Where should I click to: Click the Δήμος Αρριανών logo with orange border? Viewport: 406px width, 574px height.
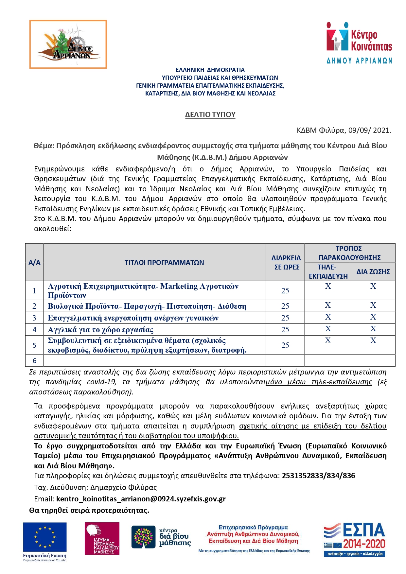68,44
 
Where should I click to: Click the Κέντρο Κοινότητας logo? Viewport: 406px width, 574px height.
359,42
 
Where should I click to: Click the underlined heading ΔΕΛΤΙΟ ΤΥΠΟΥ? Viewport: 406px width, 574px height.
210,114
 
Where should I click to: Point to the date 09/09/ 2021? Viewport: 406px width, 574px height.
369,130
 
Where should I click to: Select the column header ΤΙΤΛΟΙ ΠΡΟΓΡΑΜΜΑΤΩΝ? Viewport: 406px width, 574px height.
164,262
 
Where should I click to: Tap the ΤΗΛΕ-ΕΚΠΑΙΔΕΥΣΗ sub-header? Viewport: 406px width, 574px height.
328,271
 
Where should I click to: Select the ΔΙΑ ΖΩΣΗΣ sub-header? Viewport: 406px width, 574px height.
373,271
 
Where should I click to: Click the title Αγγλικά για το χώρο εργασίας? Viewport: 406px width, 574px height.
100,330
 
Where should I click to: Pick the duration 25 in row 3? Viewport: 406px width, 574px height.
285,318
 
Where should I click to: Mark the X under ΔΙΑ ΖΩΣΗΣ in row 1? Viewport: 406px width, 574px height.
373,287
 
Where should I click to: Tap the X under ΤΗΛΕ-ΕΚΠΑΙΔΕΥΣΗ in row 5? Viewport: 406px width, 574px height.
328,340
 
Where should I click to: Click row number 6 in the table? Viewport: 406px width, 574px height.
34,361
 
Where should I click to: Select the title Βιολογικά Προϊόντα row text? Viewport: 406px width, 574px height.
147,306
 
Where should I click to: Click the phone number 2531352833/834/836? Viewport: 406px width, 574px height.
318,476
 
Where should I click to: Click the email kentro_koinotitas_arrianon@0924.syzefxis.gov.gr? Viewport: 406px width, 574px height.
141,499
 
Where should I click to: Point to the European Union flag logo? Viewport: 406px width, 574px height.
45,537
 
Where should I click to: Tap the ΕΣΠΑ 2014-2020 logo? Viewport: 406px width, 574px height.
354,539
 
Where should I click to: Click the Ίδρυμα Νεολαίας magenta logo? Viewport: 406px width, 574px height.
102,538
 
